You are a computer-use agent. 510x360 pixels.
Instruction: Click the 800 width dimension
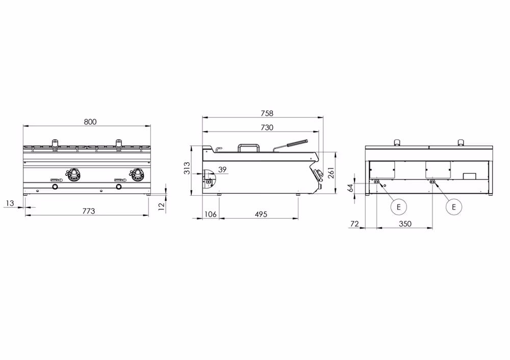pos(90,122)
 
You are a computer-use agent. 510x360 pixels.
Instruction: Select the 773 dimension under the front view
pos(88,211)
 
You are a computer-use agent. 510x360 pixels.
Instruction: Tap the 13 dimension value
pos(10,203)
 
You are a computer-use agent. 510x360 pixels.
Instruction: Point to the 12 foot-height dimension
pos(162,205)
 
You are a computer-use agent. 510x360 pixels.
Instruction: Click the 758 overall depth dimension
pos(267,113)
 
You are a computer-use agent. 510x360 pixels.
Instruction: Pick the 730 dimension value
pos(267,127)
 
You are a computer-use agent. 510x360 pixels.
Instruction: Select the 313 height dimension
pos(187,168)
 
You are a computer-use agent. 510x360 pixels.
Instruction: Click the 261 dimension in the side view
pos(331,172)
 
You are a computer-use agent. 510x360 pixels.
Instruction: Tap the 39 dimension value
pos(222,169)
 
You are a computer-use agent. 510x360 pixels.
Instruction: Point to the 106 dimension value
pos(211,214)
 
